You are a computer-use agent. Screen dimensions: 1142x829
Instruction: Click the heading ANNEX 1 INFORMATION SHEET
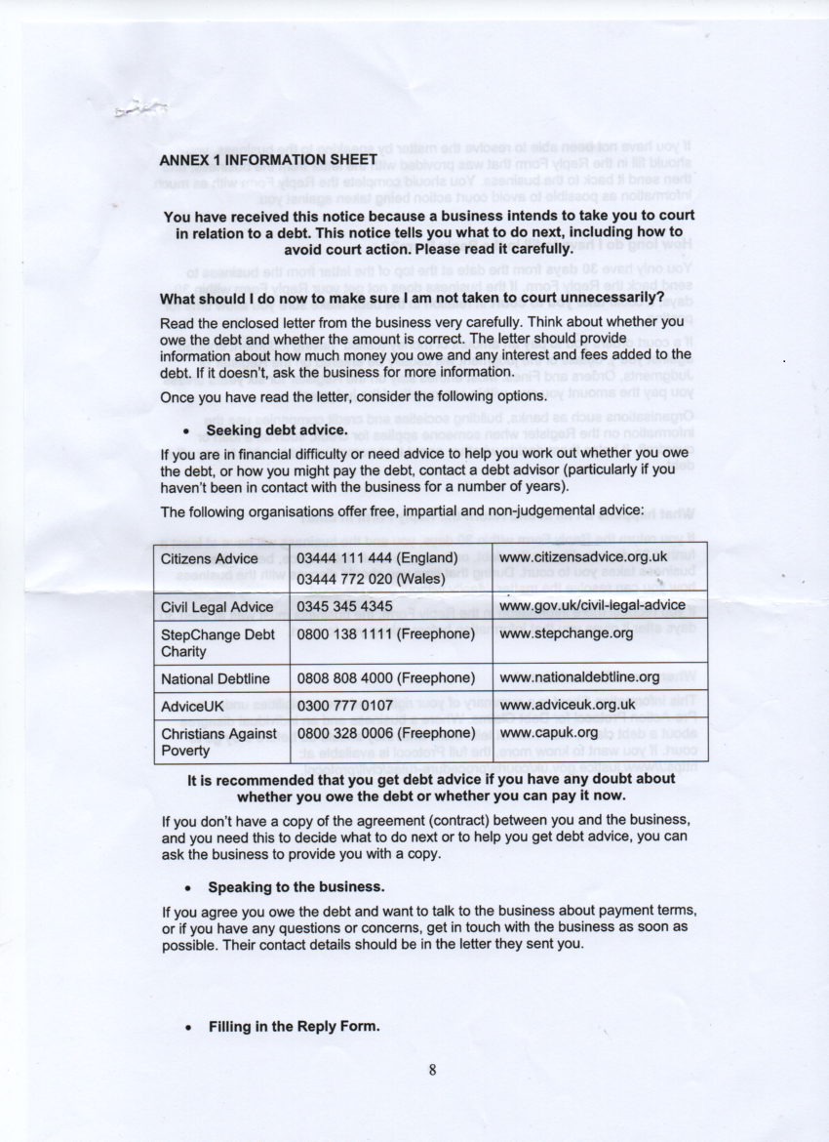point(268,159)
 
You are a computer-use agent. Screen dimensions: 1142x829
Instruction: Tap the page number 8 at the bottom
point(431,1069)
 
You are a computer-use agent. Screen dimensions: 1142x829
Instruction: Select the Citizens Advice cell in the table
point(209,559)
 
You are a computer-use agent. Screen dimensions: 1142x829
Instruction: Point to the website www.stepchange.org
point(566,633)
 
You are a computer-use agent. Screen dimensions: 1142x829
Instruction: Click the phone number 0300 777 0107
point(344,705)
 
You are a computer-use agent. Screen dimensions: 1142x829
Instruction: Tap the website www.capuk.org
point(547,732)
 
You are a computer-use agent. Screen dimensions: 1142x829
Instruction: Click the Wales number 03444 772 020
point(371,578)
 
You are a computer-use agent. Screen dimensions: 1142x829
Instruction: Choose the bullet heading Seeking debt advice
point(277,430)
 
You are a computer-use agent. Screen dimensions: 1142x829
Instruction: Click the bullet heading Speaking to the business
point(296,887)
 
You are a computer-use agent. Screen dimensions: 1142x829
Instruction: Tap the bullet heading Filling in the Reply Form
point(293,1027)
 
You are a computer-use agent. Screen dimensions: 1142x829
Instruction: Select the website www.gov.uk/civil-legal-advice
point(591,606)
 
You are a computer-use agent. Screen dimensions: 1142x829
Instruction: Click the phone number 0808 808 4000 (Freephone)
point(385,677)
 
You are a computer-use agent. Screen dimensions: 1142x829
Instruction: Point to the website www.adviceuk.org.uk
point(567,705)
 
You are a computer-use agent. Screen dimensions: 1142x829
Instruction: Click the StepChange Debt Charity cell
point(217,642)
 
